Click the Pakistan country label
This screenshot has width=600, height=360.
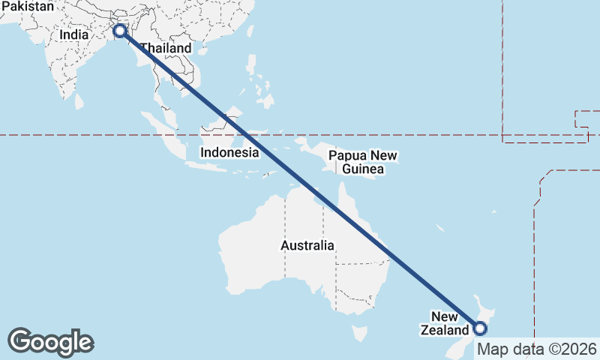tap(28, 7)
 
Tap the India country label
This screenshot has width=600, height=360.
tap(74, 34)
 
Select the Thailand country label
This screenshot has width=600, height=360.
tap(166, 48)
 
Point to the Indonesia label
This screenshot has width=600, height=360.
tap(229, 152)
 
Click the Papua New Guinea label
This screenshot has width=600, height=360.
tap(363, 163)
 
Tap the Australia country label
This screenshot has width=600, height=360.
tap(307, 245)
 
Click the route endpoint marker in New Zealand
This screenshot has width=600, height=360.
tap(480, 328)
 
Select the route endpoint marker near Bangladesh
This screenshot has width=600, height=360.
tap(119, 31)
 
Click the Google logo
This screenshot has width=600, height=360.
tap(50, 341)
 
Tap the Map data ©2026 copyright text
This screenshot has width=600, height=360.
tap(537, 349)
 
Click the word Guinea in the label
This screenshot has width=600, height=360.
tap(363, 169)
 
